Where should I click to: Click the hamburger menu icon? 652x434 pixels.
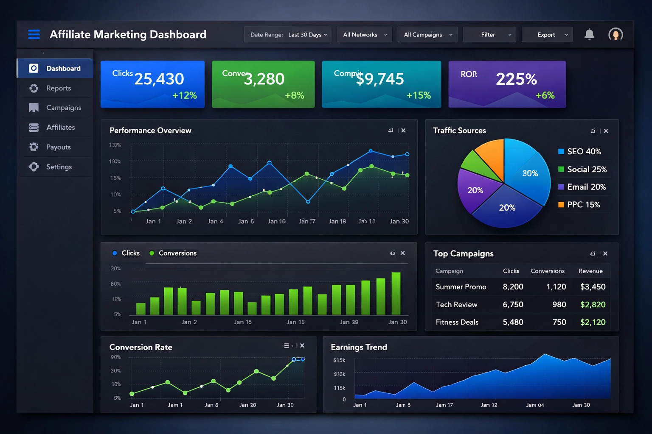[x=34, y=34]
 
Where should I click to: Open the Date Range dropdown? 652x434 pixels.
[x=289, y=35]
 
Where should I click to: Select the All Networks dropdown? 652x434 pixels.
[x=365, y=35]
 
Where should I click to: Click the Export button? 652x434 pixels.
[x=547, y=35]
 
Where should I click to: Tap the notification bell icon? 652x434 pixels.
[x=589, y=34]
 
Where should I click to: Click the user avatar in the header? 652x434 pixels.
[x=615, y=34]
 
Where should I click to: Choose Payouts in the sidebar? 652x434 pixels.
[x=58, y=147]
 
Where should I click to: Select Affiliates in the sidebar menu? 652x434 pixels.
[x=60, y=127]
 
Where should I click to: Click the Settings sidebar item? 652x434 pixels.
[x=59, y=167]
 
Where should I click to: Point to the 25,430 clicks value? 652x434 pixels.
[x=159, y=79]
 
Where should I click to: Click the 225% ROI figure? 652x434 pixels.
[x=516, y=79]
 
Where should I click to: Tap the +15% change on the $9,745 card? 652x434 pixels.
[x=419, y=95]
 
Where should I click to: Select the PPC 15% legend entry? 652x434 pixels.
[x=583, y=205]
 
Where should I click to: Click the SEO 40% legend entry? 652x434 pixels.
[x=584, y=152]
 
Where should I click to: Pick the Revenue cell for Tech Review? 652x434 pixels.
[x=593, y=305]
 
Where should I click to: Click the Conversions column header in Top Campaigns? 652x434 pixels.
[x=547, y=271]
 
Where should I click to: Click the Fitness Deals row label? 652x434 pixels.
[x=457, y=322]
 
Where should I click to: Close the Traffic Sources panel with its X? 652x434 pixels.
[x=606, y=131]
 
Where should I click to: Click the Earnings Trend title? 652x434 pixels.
[x=359, y=347]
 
